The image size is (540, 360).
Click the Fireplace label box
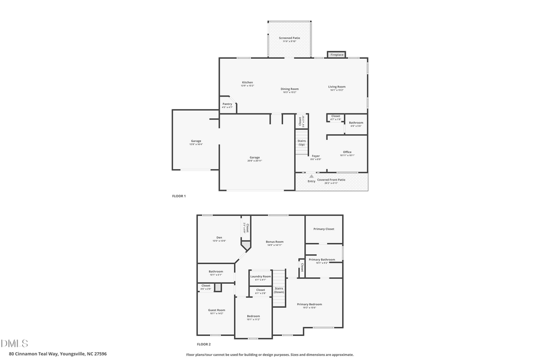point(337,55)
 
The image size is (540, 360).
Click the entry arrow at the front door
point(311,176)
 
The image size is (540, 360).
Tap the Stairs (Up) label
point(301,143)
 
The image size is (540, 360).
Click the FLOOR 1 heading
point(179,196)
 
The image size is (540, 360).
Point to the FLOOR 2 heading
point(203,344)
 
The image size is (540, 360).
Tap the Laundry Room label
point(260,277)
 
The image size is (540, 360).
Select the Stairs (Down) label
point(279,290)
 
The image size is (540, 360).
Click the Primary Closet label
point(323,229)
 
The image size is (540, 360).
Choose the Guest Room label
point(217,311)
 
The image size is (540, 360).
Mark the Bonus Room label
point(275,243)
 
